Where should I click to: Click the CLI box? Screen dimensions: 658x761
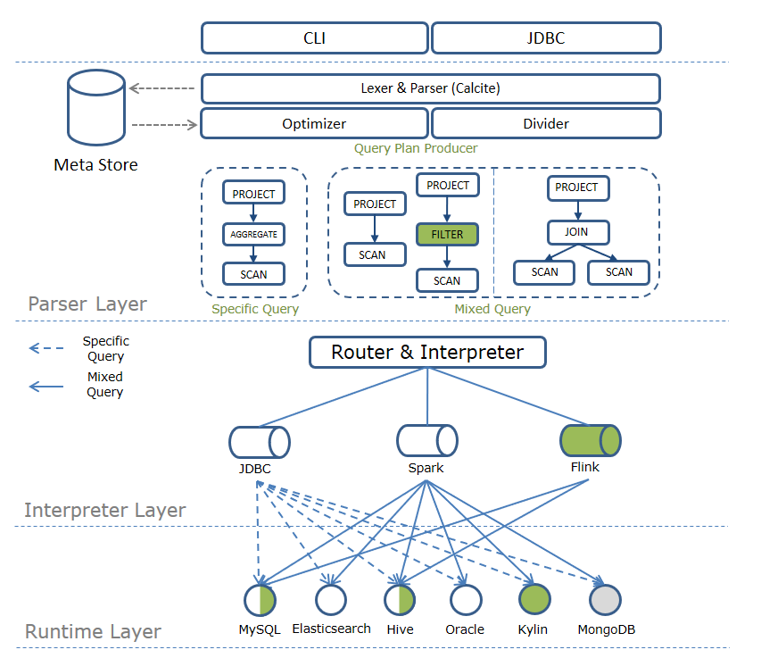314,38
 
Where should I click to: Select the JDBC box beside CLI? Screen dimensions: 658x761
546,38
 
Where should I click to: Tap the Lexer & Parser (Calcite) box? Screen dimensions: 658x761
430,88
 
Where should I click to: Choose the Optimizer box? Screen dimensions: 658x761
314,123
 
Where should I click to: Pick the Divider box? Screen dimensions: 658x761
546,123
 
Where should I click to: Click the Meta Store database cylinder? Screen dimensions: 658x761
96,110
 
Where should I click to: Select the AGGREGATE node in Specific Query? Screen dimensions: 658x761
253,235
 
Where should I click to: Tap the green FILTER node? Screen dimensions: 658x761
447,235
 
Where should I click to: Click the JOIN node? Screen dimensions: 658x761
575,233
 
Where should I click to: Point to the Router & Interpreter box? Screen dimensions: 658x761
426,352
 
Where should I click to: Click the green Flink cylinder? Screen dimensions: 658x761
590,441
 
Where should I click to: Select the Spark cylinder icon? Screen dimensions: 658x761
426,441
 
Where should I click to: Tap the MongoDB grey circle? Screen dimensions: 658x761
606,600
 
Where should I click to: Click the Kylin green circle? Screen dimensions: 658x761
534,600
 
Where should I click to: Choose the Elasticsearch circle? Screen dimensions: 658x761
331,600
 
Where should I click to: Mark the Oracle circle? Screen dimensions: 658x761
465,600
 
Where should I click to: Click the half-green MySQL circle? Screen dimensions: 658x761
260,600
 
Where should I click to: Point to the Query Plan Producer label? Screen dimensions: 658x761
416,148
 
